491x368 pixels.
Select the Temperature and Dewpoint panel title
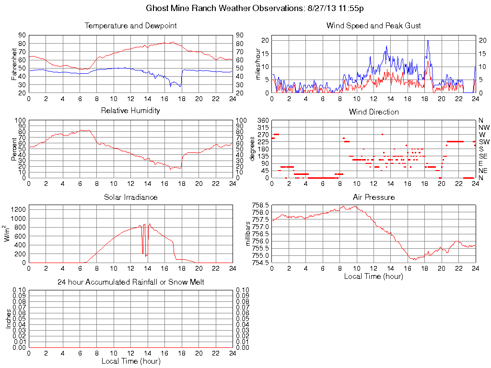point(130,25)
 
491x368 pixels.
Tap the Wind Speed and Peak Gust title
point(374,25)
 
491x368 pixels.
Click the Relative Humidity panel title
point(130,111)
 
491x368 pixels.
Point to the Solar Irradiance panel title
point(130,197)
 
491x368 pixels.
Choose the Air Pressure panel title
point(374,197)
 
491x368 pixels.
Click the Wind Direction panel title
point(374,112)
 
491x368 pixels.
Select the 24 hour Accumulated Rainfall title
point(130,282)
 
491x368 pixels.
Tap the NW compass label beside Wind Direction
point(484,127)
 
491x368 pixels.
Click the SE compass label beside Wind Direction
point(483,156)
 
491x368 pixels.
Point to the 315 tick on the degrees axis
point(263,127)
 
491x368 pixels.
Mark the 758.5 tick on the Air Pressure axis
point(260,205)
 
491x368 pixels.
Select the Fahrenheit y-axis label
point(14,64)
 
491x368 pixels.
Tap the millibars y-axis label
point(248,233)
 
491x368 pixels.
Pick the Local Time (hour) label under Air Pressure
point(374,276)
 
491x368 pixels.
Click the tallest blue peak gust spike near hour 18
point(428,41)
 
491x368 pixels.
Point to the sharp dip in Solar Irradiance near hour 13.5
point(143,253)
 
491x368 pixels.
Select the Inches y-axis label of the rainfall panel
point(8,319)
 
